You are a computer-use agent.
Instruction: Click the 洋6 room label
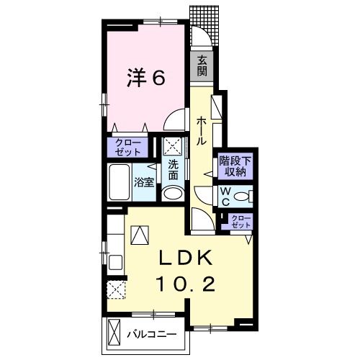(148, 77)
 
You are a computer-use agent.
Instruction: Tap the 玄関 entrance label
(202, 67)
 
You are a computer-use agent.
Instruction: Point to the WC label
(225, 196)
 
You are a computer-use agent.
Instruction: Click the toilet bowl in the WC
(243, 196)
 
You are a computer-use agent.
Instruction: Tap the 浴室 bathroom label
(144, 182)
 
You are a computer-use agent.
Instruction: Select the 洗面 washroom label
(174, 170)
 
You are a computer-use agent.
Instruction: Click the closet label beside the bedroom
(128, 148)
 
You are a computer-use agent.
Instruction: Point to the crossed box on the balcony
(114, 333)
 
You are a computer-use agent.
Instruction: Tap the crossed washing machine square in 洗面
(173, 147)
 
